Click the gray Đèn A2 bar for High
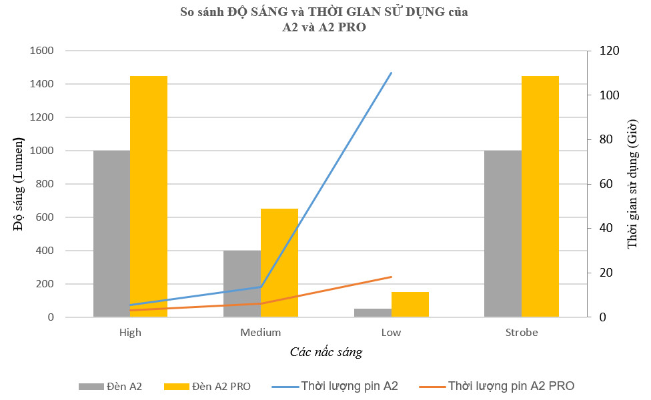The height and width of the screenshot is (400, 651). coord(111,233)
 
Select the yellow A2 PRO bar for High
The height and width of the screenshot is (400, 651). coord(149,197)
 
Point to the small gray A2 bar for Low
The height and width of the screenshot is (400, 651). coord(372,313)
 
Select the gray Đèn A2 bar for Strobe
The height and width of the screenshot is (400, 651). coord(503,233)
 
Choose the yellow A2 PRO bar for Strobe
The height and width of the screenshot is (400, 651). coord(540,197)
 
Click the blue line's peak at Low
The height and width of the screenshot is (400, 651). coord(391,73)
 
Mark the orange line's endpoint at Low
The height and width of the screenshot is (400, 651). coord(392,277)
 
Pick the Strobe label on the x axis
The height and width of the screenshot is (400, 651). coord(522,332)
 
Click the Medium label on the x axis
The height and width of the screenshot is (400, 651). coord(260,332)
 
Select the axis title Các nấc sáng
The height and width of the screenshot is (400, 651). coord(326,352)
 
